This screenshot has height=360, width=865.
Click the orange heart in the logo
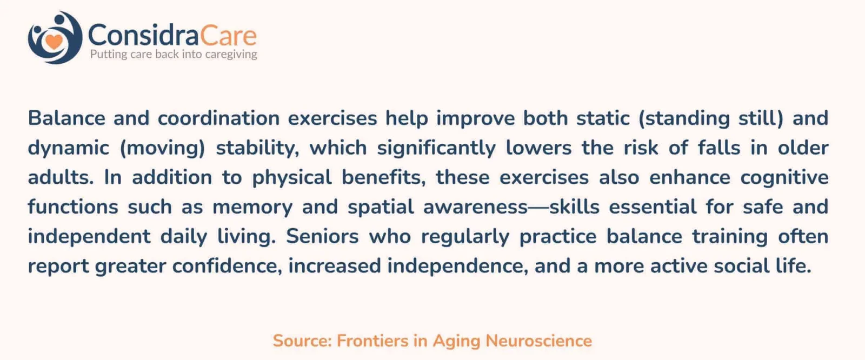(54, 41)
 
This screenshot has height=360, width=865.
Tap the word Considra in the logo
(143, 35)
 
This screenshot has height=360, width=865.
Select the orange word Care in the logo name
(228, 35)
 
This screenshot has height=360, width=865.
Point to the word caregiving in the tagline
(231, 55)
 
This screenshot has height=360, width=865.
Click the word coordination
(218, 118)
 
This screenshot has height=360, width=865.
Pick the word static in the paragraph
(603, 118)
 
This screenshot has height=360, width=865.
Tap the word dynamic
(68, 149)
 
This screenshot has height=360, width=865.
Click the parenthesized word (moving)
(162, 149)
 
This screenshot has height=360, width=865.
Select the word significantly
(436, 149)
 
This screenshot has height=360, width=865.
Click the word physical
(292, 178)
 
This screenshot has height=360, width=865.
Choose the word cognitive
(784, 178)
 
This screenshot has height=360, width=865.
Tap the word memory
(252, 208)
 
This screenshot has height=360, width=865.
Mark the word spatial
(381, 208)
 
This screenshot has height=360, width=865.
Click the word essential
(653, 207)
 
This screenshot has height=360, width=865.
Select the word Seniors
(322, 237)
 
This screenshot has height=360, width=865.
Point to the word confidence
(227, 266)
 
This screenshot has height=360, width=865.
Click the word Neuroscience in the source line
(538, 341)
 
